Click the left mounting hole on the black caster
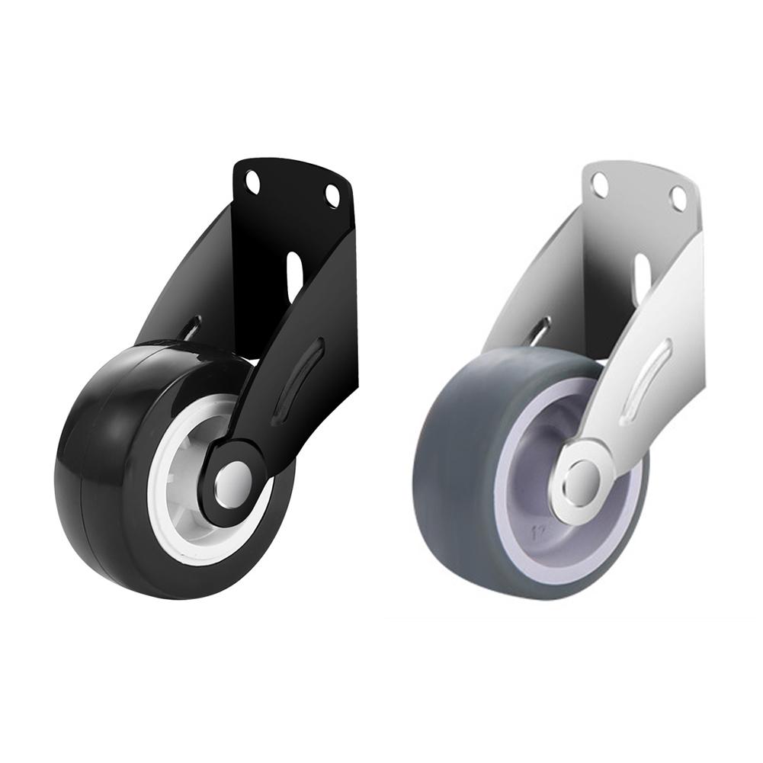click(x=252, y=180)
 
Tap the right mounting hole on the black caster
click(x=332, y=195)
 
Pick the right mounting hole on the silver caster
click(x=677, y=198)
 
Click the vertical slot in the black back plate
click(x=293, y=271)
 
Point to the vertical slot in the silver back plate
click(x=642, y=274)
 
